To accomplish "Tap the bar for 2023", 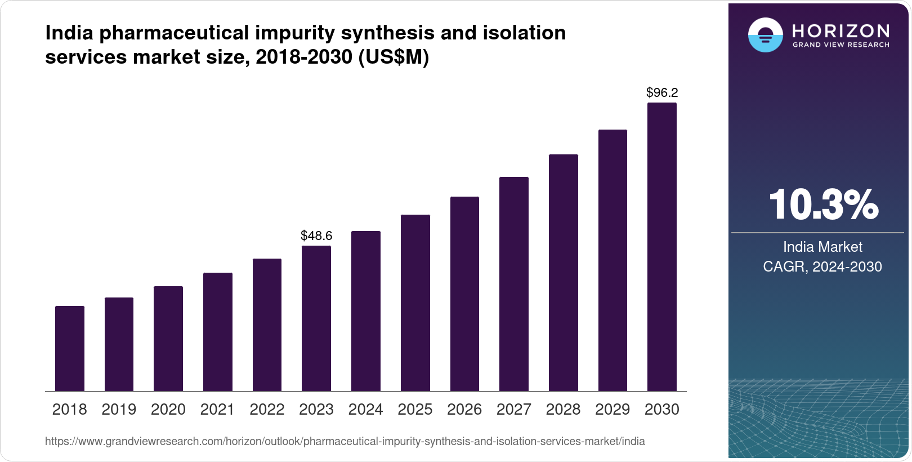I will click(316, 318).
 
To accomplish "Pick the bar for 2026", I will click(464, 294).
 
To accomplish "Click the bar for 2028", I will click(564, 273).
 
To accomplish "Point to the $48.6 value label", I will click(316, 236).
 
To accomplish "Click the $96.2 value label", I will click(662, 92).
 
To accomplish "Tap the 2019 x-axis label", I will click(119, 410).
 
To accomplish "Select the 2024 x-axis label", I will click(366, 410).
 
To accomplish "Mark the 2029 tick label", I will click(613, 410).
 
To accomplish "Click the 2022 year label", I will click(267, 410).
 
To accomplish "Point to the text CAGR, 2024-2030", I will click(822, 266).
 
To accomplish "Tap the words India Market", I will click(822, 247).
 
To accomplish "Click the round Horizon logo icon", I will click(765, 35).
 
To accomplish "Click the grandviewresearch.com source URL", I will click(345, 441).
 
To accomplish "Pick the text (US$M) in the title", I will click(394, 57).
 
